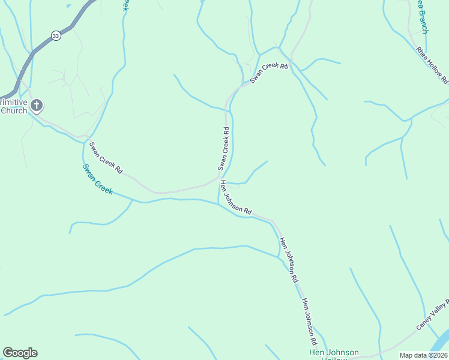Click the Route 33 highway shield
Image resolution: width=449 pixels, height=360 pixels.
coord(56,36)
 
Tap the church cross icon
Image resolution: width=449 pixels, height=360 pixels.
coord(36,106)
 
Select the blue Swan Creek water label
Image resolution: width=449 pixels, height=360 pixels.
coord(97,178)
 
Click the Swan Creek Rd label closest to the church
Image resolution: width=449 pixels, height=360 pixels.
coord(106,158)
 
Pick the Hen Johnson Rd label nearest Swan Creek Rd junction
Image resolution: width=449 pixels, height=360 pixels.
coord(236,197)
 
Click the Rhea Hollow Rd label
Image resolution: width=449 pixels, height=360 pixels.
coord(432,62)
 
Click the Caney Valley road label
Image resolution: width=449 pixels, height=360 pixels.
coord(433,314)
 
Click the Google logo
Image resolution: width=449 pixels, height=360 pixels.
coord(20,353)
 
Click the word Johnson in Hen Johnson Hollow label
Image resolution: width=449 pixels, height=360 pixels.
coord(342,353)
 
